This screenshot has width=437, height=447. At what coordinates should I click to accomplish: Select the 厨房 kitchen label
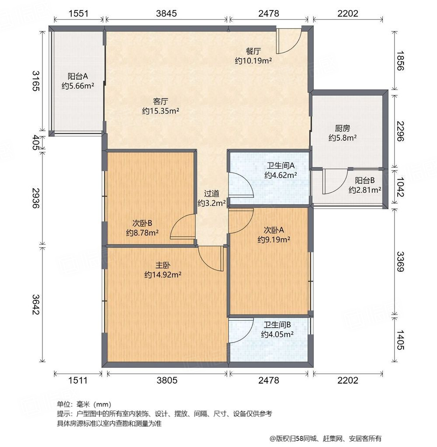click(342, 128)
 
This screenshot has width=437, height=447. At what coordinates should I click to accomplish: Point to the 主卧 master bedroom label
click(163, 265)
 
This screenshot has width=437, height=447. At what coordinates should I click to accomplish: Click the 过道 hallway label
click(212, 194)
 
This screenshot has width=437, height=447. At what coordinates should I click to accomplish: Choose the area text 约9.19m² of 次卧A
click(274, 239)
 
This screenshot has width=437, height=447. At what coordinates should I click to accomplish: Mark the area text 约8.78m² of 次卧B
click(142, 232)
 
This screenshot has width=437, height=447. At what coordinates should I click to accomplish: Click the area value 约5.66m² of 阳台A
click(78, 86)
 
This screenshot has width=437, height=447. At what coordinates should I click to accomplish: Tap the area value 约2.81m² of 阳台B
click(364, 190)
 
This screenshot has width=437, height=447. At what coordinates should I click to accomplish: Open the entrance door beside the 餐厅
click(288, 42)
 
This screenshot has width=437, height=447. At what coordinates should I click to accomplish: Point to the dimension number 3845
click(166, 13)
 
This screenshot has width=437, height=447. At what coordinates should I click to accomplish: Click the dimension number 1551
click(79, 13)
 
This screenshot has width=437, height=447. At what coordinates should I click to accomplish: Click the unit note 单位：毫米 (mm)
click(83, 405)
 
